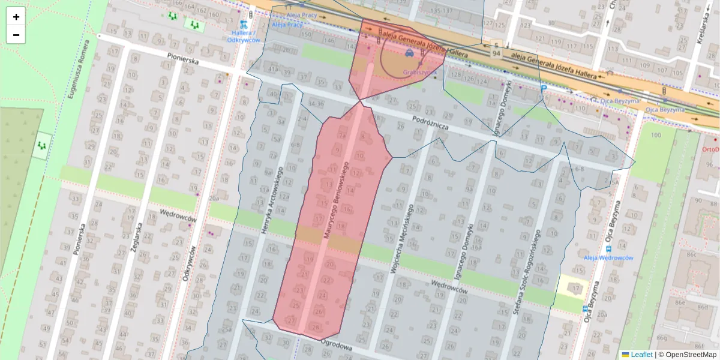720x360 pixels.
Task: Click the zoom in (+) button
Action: (x=16, y=17)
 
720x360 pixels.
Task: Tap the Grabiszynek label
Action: (x=420, y=72)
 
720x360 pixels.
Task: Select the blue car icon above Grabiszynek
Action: (x=409, y=53)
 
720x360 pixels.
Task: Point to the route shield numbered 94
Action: (x=496, y=54)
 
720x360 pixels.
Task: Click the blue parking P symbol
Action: (x=544, y=88)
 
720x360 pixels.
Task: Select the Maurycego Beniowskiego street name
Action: (x=337, y=200)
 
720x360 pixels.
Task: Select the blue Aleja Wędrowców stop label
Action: (x=608, y=257)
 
